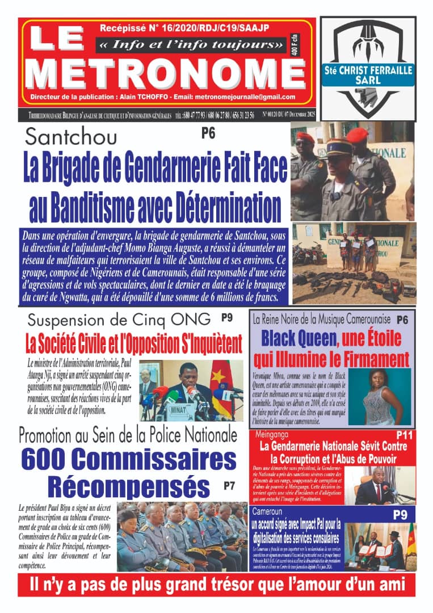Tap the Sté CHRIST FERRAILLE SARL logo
coord(367,70)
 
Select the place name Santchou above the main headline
coord(72,137)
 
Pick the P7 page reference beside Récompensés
coord(229,485)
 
